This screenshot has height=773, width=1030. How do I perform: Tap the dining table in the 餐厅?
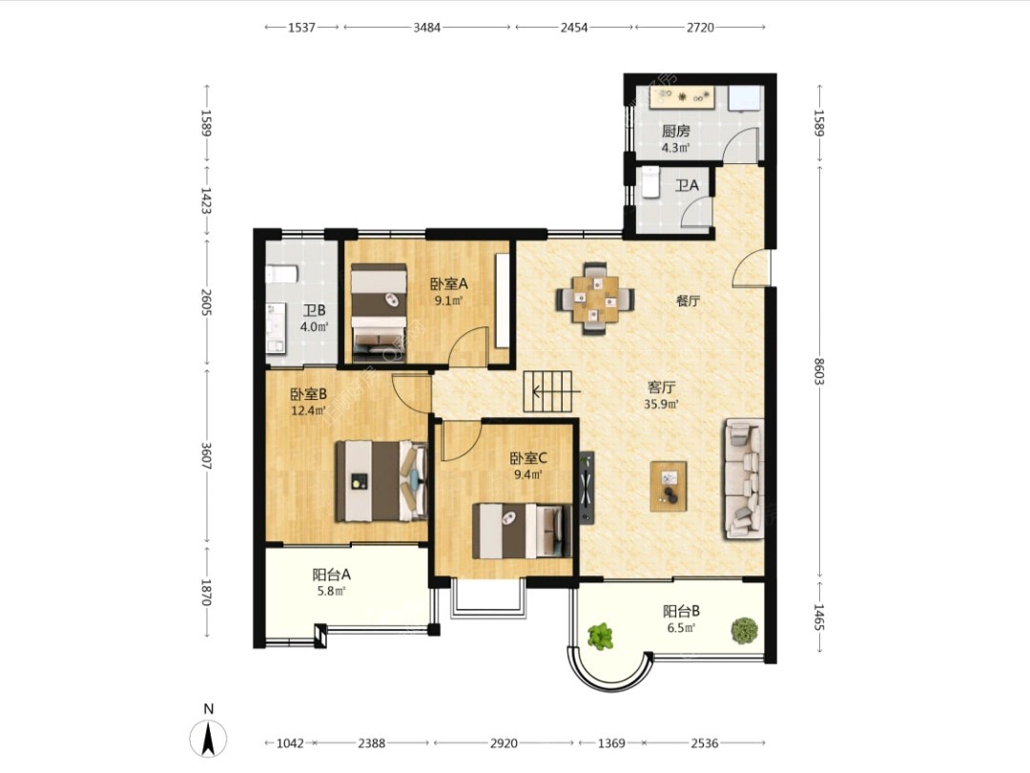pyautogui.click(x=595, y=299)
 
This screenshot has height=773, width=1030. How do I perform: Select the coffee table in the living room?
pyautogui.click(x=669, y=486)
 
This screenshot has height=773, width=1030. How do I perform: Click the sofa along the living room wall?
pyautogui.click(x=744, y=478)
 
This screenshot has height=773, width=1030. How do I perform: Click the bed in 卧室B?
pyautogui.click(x=381, y=481)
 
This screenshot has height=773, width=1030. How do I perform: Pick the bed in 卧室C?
pyautogui.click(x=522, y=531)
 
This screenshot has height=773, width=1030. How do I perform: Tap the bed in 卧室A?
pyautogui.click(x=379, y=312)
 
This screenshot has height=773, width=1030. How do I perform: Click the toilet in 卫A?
pyautogui.click(x=649, y=182)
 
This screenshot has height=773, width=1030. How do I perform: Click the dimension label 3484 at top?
pyautogui.click(x=426, y=27)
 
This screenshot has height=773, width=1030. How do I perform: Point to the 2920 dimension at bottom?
pyautogui.click(x=504, y=742)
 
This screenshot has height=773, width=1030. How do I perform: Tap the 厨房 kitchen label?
pyautogui.click(x=676, y=131)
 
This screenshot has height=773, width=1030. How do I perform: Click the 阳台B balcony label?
pyautogui.click(x=681, y=611)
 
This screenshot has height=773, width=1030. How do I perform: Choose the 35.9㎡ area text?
pyautogui.click(x=661, y=405)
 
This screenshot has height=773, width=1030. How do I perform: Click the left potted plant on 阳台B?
pyautogui.click(x=601, y=636)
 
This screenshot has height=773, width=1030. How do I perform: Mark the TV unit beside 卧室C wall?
pyautogui.click(x=587, y=487)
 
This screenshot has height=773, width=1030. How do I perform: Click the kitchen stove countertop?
pyautogui.click(x=681, y=96)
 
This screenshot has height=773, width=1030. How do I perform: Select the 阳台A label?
pyautogui.click(x=332, y=574)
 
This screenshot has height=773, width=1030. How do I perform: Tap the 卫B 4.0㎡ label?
pyautogui.click(x=314, y=318)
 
